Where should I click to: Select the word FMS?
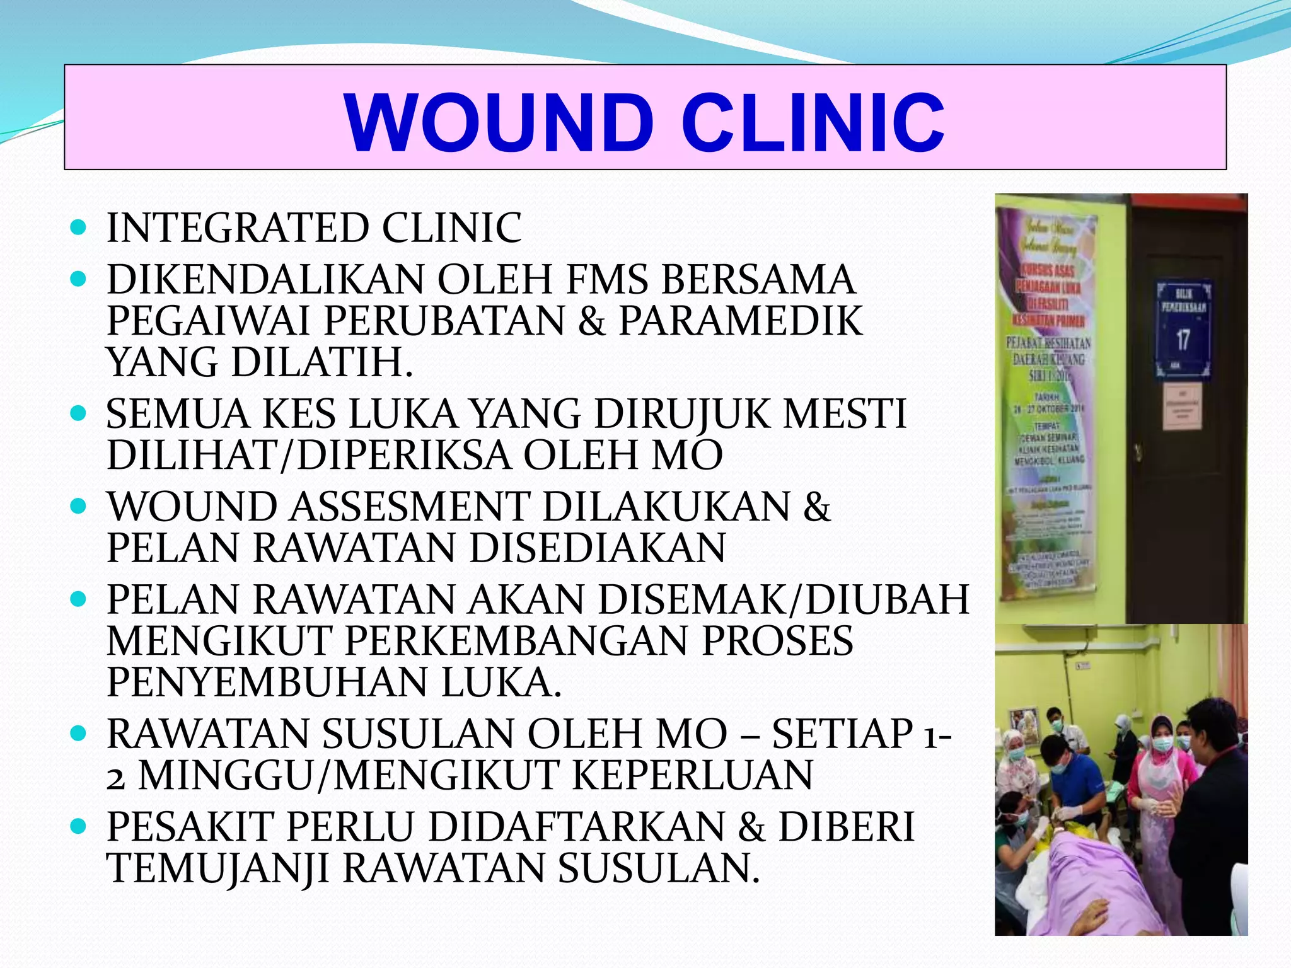point(607,279)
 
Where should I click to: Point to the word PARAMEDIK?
point(740,321)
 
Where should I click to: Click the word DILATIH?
point(321,362)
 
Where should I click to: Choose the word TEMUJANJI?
point(218,868)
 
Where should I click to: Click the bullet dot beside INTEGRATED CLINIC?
point(78,228)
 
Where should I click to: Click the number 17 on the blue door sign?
point(1183,340)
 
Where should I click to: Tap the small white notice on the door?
point(1181,408)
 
